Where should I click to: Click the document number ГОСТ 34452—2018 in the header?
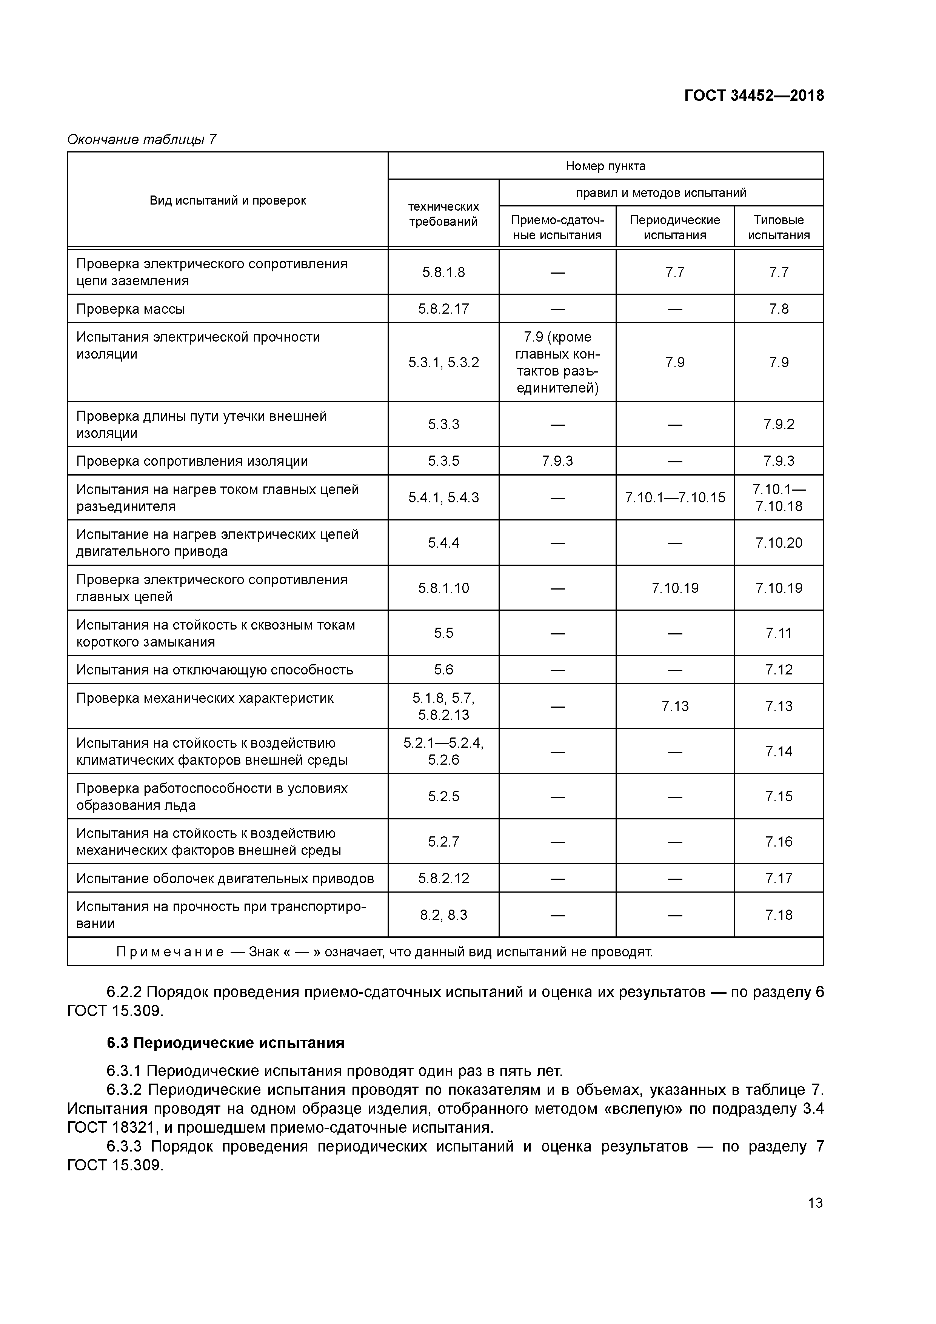tap(754, 96)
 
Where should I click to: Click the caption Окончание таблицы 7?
tap(142, 140)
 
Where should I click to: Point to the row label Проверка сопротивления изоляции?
tap(192, 461)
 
